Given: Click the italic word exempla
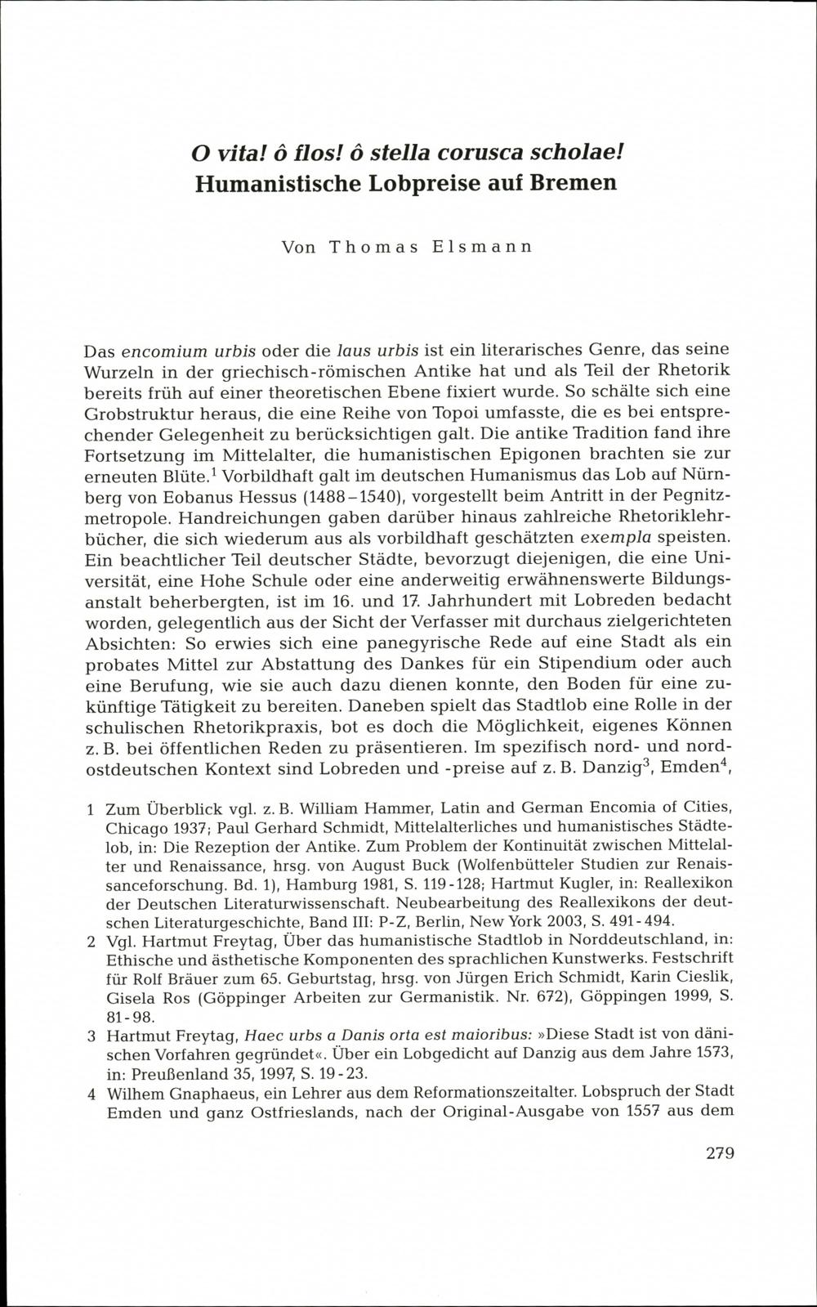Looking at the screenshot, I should click(614, 539).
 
